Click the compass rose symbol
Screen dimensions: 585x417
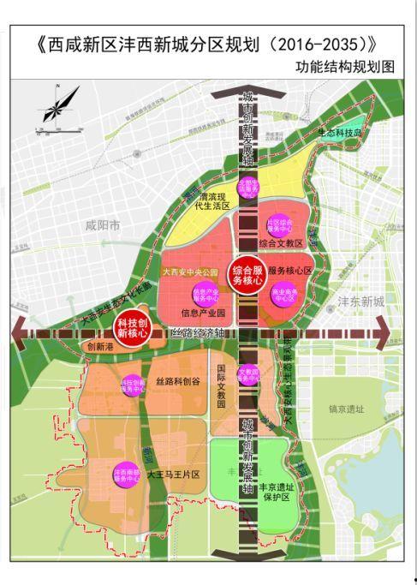[x=52, y=107]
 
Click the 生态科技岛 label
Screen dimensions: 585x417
[x=341, y=134]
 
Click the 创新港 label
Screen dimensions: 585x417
[x=99, y=348]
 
